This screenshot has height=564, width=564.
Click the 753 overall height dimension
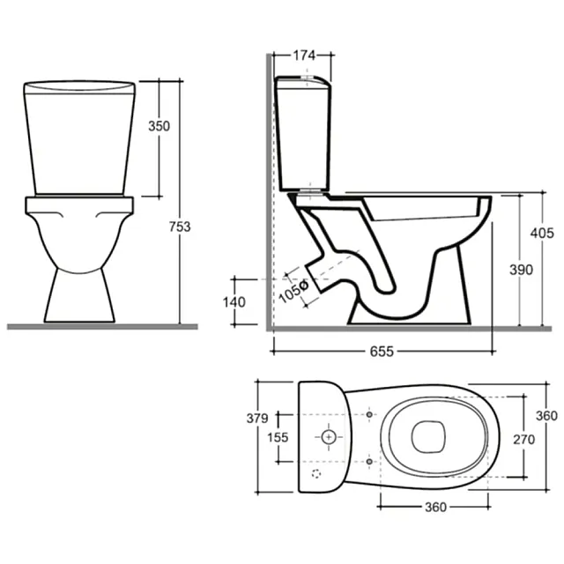(x=180, y=227)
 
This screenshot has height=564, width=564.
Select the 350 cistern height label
(x=159, y=126)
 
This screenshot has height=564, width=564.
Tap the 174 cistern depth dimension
(x=304, y=56)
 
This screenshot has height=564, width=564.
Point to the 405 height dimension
(x=542, y=234)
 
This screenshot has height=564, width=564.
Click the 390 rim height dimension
(x=521, y=270)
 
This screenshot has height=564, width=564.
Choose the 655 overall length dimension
(x=382, y=352)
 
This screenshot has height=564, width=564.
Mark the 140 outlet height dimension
(x=234, y=302)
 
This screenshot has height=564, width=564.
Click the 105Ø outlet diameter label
(x=293, y=291)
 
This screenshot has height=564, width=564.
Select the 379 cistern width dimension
(x=257, y=419)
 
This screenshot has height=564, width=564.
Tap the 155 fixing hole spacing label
(x=278, y=437)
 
